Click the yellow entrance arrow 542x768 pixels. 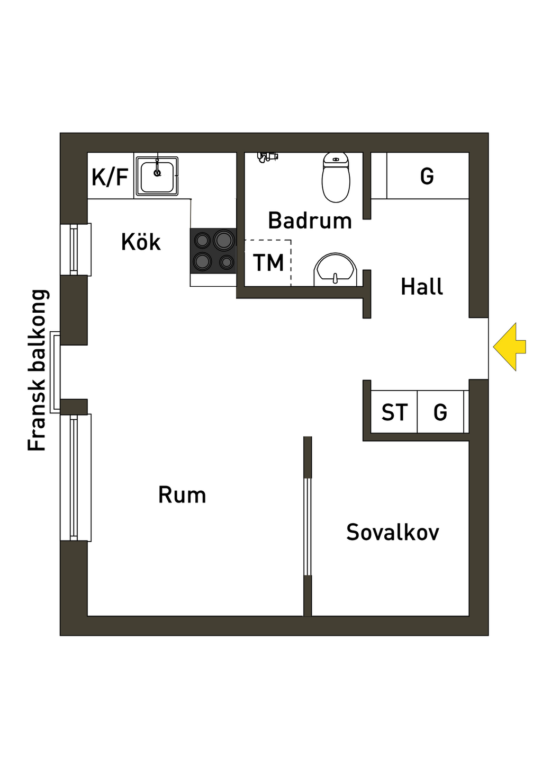pyautogui.click(x=509, y=347)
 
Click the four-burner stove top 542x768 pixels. pyautogui.click(x=213, y=251)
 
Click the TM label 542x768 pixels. pyautogui.click(x=268, y=263)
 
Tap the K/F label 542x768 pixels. pyautogui.click(x=110, y=177)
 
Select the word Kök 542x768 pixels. pyautogui.click(x=141, y=242)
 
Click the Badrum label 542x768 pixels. pyautogui.click(x=310, y=220)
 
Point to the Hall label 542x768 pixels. pyautogui.click(x=422, y=287)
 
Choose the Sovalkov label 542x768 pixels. pyautogui.click(x=393, y=532)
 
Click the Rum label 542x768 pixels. pyautogui.click(x=182, y=495)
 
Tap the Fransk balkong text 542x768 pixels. pyautogui.click(x=38, y=370)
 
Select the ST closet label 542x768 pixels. pyautogui.click(x=395, y=412)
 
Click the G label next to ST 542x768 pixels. pyautogui.click(x=440, y=412)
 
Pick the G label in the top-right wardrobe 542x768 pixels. pyautogui.click(x=427, y=176)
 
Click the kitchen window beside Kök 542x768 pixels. pyautogui.click(x=75, y=250)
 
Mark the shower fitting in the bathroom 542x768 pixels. pyautogui.click(x=267, y=156)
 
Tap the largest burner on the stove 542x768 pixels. pyautogui.click(x=224, y=240)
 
